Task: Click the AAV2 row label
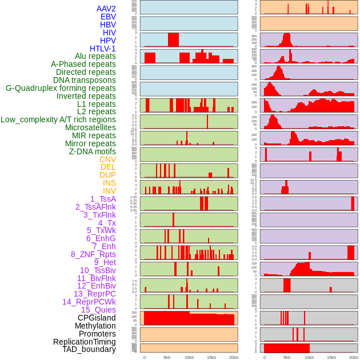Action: click(x=106, y=9)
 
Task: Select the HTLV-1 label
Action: click(x=103, y=49)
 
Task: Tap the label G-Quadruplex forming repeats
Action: click(x=61, y=88)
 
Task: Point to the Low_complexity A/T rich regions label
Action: click(x=58, y=119)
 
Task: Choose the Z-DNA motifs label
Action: click(x=93, y=151)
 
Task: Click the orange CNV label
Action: click(x=107, y=159)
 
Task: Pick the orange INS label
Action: click(x=109, y=183)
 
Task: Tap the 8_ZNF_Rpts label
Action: click(x=93, y=254)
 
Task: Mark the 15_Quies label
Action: click(x=98, y=310)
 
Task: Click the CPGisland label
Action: click(x=97, y=318)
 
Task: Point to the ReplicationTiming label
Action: click(x=85, y=342)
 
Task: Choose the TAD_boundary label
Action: click(x=89, y=349)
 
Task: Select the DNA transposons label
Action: click(x=85, y=80)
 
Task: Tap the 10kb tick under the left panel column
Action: click(x=189, y=357)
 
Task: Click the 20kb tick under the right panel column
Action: click(x=354, y=357)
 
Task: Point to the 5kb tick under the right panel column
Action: click(x=287, y=357)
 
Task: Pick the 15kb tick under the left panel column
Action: click(x=211, y=357)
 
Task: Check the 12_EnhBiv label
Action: click(x=97, y=286)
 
